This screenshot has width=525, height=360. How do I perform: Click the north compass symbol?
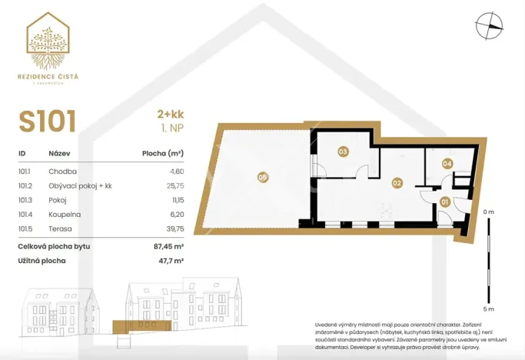[x=489, y=26]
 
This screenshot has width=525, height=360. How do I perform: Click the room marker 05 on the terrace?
[x=263, y=178]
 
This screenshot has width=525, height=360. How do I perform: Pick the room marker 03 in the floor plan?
[x=343, y=152]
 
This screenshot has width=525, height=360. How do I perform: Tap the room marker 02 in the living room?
[x=397, y=183]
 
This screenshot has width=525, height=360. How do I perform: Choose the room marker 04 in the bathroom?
[x=447, y=163]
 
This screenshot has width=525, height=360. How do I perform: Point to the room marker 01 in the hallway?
[x=445, y=202]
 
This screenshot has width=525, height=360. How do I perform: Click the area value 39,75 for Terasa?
[x=174, y=228]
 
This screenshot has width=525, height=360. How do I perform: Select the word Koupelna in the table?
[x=65, y=215]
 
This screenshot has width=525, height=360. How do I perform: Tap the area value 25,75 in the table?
[x=174, y=186]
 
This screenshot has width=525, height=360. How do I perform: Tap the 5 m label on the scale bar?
[x=489, y=288]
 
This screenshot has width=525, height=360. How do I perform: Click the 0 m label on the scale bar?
[x=489, y=212]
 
